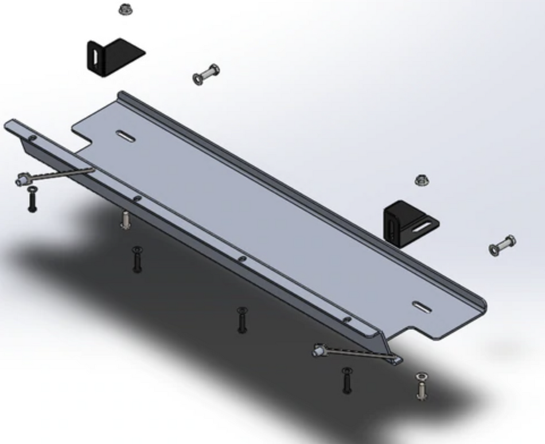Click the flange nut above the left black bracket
click(125, 9)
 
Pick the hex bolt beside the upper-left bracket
click(207, 75)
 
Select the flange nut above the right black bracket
click(422, 181)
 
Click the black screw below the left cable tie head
click(33, 198)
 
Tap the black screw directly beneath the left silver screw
click(137, 259)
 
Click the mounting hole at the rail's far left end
click(33, 138)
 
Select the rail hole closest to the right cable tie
click(347, 320)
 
